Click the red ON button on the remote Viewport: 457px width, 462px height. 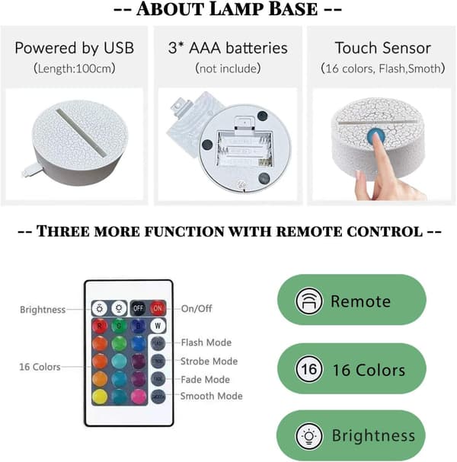158,308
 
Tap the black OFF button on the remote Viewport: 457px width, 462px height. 139,308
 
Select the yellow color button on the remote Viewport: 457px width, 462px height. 100,397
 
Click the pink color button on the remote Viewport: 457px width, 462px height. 139,397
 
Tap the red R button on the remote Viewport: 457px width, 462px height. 99,326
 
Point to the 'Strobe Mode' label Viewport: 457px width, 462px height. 209,362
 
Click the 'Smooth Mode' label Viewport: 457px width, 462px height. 212,396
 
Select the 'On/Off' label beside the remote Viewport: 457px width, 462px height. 197,308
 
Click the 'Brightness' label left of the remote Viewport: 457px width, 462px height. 43,310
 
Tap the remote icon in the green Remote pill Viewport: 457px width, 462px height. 308,301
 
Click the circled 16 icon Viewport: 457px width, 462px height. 309,369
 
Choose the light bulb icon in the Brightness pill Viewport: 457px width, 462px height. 309,436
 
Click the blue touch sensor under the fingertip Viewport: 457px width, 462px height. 376,136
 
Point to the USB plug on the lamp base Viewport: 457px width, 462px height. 31,171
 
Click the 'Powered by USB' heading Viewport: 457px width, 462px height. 75,48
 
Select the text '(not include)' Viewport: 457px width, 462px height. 228,69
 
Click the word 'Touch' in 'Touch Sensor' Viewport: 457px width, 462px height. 354,48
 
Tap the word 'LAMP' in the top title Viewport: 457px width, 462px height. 235,9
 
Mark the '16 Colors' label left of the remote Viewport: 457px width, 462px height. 40,367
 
